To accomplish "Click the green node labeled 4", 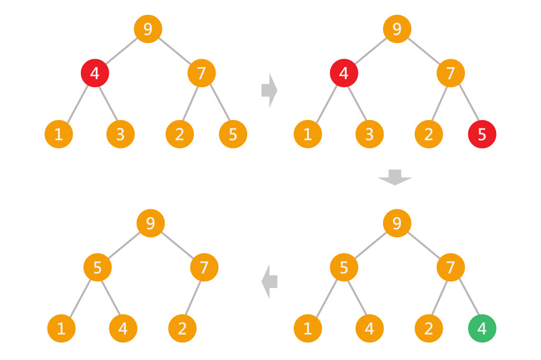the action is point(482,329).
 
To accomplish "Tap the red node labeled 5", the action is point(482,134).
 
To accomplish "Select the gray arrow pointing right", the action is point(269,90).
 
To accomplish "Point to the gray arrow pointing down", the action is point(395,177).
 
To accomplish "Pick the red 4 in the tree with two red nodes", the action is point(344,73).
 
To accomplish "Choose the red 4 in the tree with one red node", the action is point(95,73).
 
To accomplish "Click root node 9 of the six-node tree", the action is point(151,224).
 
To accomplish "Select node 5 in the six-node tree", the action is point(98,267).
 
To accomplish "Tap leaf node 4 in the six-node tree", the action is point(123,329).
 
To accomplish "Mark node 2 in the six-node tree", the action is point(182,329).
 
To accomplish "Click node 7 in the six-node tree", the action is point(204,267).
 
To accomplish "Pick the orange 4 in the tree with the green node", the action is point(369,329).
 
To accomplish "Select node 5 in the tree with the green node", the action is point(344,267).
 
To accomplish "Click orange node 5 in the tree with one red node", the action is point(233,134).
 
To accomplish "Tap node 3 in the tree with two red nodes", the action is point(369,134).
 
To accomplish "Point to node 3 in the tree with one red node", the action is point(120,134).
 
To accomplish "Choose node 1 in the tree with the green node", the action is point(307,329).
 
